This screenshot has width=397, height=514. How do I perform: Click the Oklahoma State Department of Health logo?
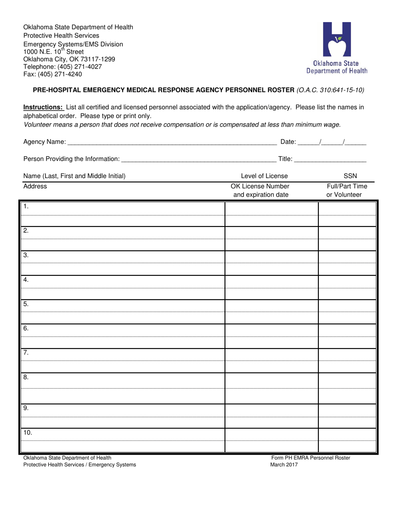tap(337, 48)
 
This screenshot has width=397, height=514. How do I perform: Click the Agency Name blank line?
tap(172, 142)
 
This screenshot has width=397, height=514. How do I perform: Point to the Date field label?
tap(288, 142)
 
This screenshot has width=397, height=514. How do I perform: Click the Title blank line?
tap(330, 159)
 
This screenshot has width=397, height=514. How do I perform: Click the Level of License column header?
tap(264, 176)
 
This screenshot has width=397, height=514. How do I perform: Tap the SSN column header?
tap(350, 176)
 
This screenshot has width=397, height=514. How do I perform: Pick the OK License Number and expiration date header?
tap(260, 191)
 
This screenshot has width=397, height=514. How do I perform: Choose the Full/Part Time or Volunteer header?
tap(344, 191)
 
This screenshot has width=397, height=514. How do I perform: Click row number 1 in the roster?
tap(26, 206)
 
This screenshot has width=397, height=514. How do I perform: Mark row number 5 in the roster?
tap(26, 304)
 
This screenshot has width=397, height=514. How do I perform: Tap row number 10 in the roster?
tap(28, 433)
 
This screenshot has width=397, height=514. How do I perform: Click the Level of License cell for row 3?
tap(272, 256)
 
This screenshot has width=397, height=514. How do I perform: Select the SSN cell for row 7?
tap(347, 354)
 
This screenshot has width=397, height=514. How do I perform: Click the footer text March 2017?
tap(284, 465)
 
